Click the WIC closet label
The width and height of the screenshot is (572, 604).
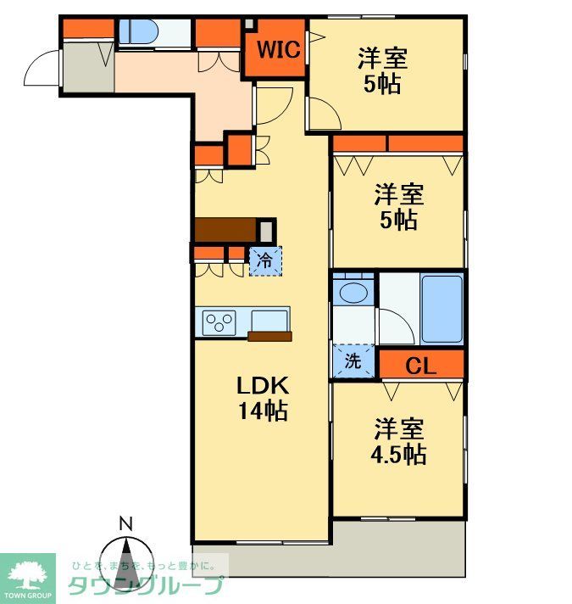279,49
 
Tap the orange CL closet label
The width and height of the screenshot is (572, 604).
420,366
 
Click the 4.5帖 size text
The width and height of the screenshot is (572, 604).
400,454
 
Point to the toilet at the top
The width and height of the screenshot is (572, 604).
138,31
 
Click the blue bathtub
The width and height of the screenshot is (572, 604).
441,309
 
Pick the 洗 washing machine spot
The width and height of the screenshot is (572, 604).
353,360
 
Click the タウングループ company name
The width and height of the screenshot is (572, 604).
145,585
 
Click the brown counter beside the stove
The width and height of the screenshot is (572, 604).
269,336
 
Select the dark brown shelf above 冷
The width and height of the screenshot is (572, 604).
225,229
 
